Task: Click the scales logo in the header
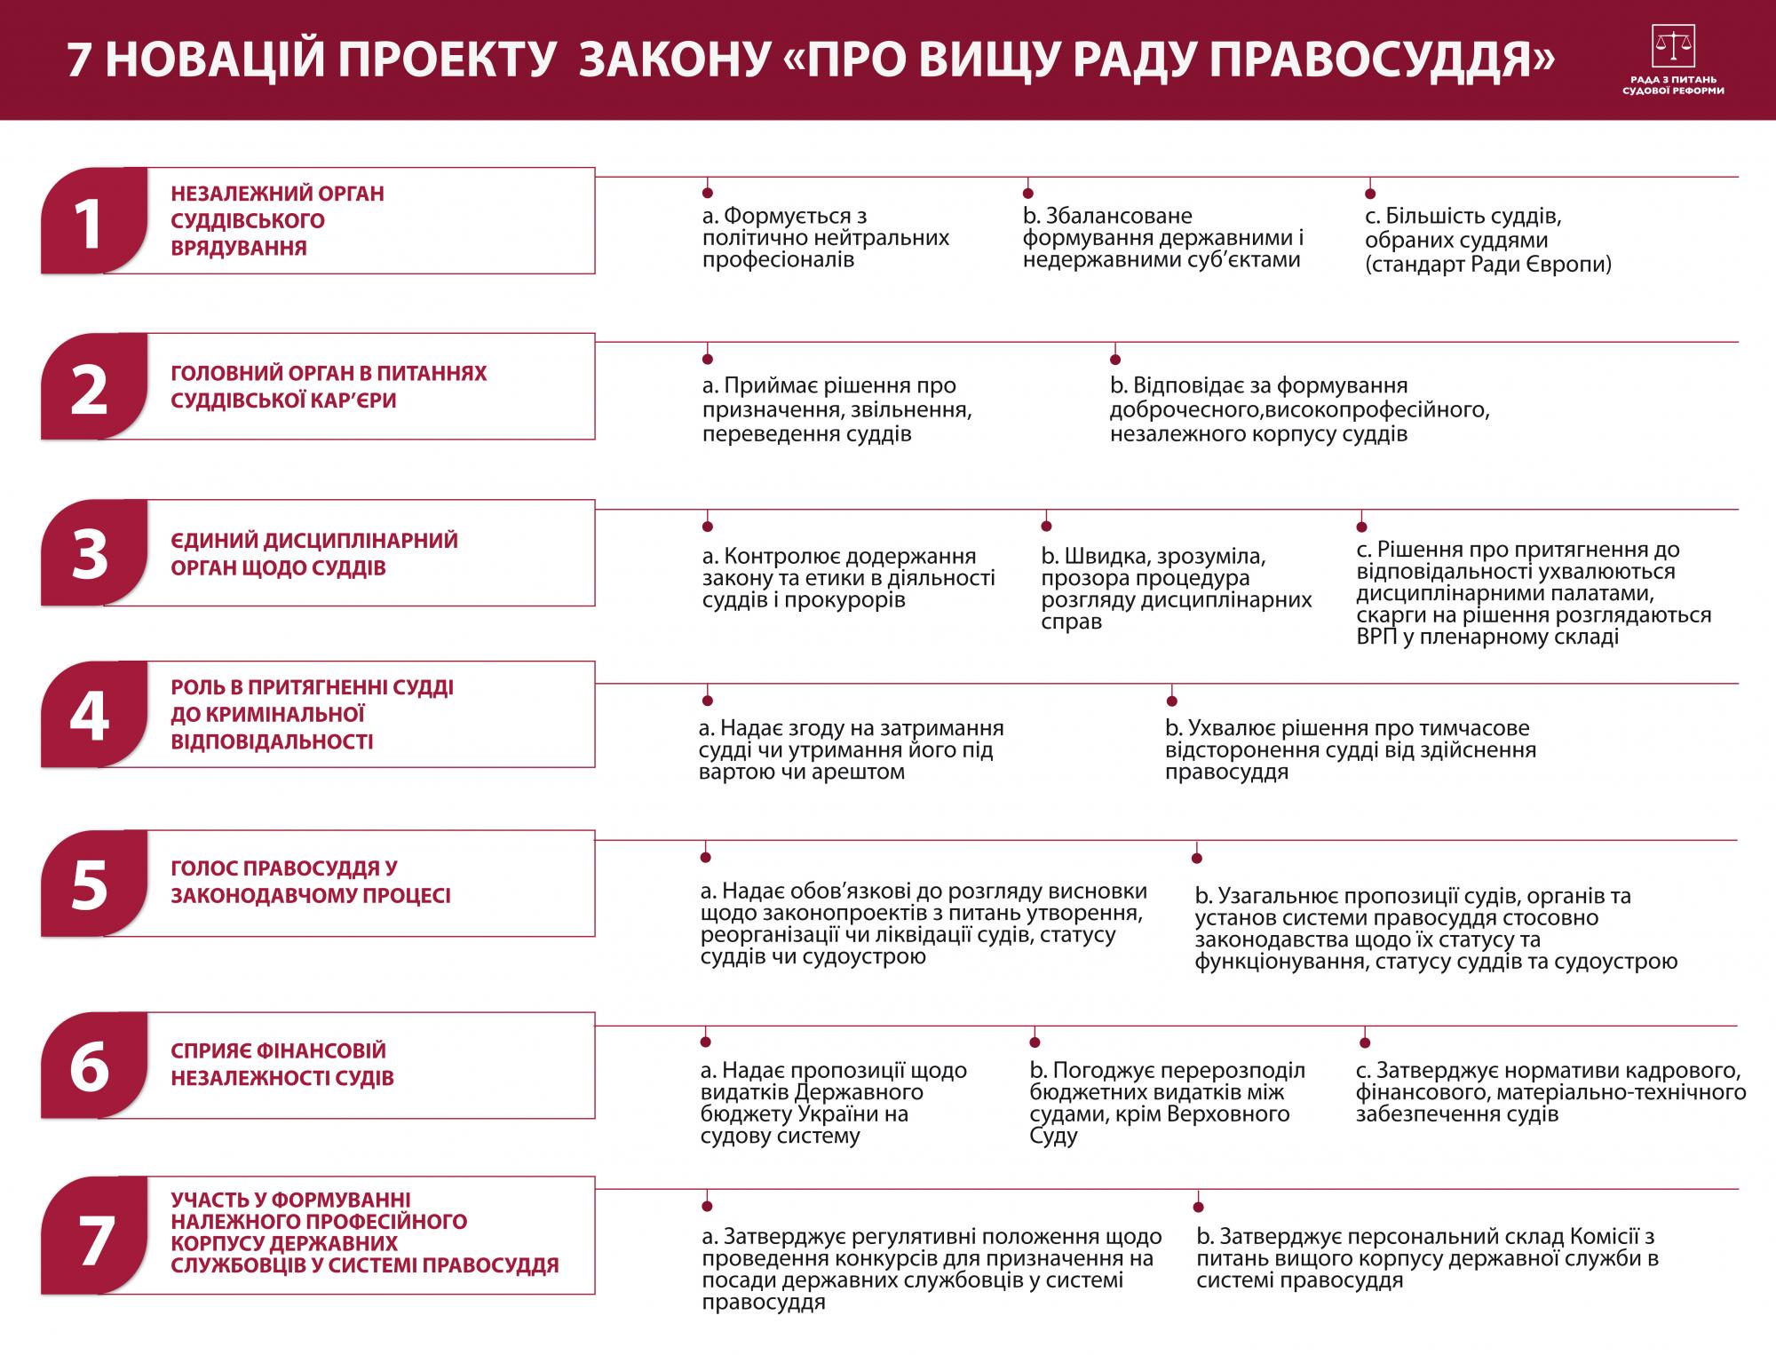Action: coord(1672,46)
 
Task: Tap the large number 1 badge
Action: coord(89,223)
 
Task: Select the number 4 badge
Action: coord(89,716)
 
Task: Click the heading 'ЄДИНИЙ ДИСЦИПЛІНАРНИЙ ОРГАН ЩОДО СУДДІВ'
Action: coord(314,554)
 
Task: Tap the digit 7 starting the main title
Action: coord(82,60)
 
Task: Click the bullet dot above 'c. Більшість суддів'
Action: coord(1370,194)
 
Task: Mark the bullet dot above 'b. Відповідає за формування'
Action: coord(1115,360)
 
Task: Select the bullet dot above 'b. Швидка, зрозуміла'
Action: coord(1046,527)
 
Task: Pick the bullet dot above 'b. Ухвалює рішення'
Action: coord(1171,701)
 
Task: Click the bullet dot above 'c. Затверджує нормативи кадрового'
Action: coord(1365,1043)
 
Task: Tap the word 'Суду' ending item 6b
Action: coord(1054,1137)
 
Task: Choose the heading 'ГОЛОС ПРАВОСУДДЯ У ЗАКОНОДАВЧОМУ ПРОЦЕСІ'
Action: coord(311,882)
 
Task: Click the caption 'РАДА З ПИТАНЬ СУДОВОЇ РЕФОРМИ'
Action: coord(1672,85)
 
